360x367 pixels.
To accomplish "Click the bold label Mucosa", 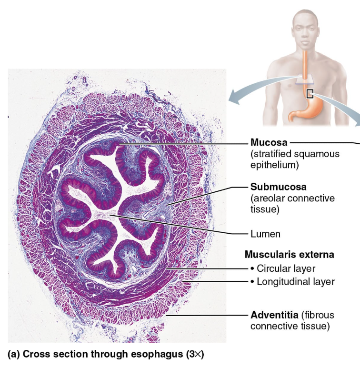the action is point(268,143).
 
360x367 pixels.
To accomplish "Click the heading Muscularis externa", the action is point(289,255).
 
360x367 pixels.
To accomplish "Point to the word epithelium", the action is point(274,165).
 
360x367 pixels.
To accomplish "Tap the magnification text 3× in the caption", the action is point(194,355).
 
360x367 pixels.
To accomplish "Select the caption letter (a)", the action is point(14,355).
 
